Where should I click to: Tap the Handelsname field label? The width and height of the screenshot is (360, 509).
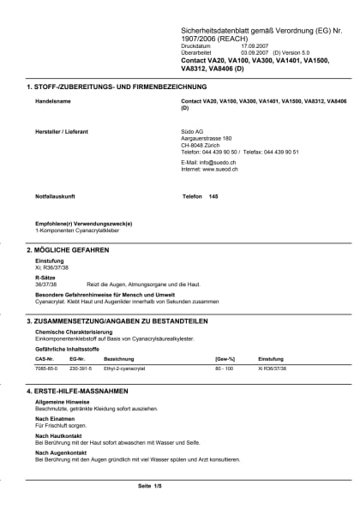point(52,101)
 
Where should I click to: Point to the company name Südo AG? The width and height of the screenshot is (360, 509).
point(194,132)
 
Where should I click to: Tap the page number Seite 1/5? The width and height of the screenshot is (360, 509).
point(149,486)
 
